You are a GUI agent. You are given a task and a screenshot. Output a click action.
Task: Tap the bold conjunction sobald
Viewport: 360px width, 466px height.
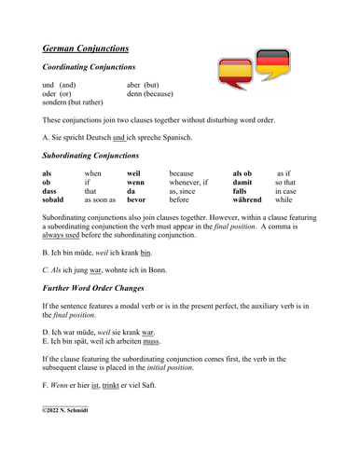[x=54, y=199]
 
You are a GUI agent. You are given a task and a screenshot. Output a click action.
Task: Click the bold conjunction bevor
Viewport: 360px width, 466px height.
[x=136, y=199]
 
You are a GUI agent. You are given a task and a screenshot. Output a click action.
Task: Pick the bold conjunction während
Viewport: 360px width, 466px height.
[x=248, y=199]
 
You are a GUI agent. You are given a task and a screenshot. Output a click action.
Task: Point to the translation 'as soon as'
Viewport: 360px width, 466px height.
[x=100, y=199]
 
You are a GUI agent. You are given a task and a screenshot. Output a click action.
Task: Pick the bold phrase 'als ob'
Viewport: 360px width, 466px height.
[x=242, y=172]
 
